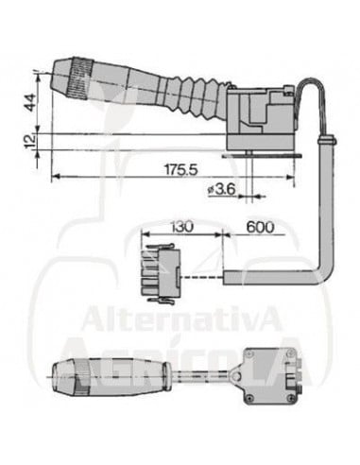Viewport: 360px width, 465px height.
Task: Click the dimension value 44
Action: (30, 102)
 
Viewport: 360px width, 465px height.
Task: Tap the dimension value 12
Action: (30, 142)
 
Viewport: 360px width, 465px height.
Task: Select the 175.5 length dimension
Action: (181, 169)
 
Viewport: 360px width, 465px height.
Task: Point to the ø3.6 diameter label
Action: (222, 189)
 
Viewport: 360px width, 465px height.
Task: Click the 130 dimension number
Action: (181, 227)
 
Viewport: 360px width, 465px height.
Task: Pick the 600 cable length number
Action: (260, 227)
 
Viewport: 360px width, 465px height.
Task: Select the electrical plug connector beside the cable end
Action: (162, 274)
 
